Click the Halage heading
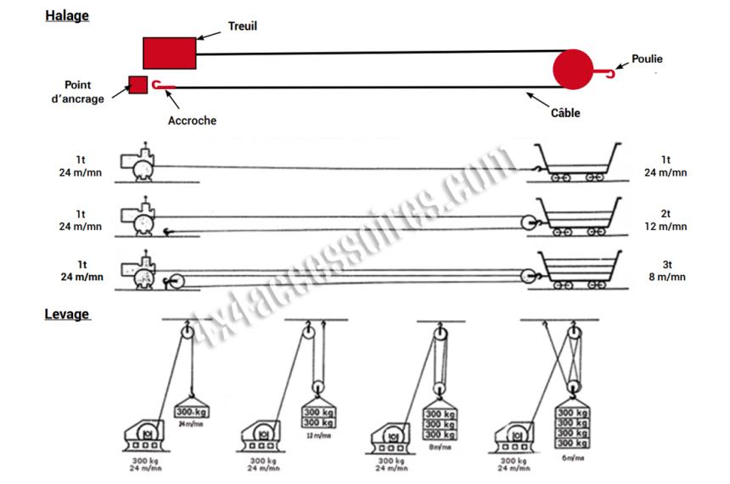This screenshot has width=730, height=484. [x=66, y=15]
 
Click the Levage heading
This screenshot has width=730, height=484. [x=66, y=314]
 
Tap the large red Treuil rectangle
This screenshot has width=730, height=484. [x=170, y=53]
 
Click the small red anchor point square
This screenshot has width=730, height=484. [x=138, y=85]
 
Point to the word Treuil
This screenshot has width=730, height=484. [x=242, y=26]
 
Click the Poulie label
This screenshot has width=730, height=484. [x=647, y=59]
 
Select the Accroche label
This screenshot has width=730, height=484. [x=192, y=121]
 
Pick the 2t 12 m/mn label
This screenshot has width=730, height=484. [x=665, y=221]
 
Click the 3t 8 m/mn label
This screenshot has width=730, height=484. [x=665, y=270]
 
